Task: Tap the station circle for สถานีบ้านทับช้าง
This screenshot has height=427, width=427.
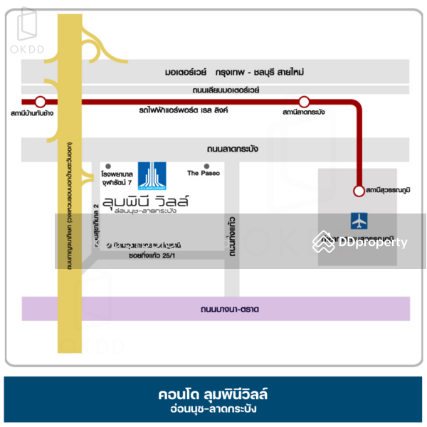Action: point(41,102)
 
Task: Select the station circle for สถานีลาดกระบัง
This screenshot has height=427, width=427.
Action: point(304,102)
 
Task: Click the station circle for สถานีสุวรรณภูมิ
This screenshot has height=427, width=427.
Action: point(358,191)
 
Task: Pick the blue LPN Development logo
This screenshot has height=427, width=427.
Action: point(151,176)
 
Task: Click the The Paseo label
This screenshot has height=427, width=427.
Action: point(204,173)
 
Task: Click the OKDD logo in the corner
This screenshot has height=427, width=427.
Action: point(29,28)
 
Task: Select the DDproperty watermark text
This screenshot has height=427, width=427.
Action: point(372,243)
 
